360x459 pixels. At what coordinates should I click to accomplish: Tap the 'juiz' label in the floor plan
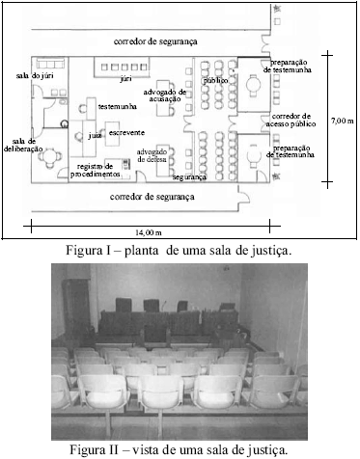pos(95,136)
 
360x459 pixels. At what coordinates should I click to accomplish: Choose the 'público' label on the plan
pos(215,80)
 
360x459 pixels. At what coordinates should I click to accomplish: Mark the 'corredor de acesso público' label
pos(300,121)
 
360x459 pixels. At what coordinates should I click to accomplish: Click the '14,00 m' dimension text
pos(148,232)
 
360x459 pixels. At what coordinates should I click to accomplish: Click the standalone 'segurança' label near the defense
pos(189,178)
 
